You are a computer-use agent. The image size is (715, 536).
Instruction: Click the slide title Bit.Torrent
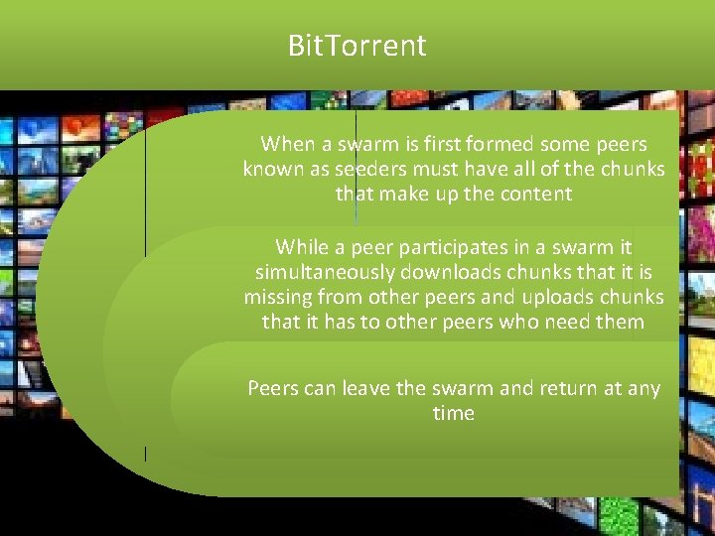click(x=357, y=46)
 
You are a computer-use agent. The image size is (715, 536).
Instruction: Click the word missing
click(x=282, y=297)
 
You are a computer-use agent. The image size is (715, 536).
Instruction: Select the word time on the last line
click(x=454, y=413)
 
